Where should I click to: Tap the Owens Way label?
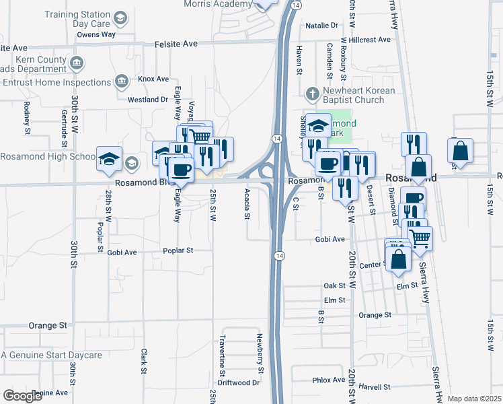pyautogui.click(x=96, y=34)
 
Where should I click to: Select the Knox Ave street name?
pyautogui.click(x=153, y=79)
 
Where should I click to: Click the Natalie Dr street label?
pyautogui.click(x=321, y=26)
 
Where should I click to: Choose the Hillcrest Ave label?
pyautogui.click(x=366, y=40)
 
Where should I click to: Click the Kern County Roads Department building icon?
pyautogui.click(x=77, y=64)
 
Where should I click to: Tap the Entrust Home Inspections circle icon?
pyautogui.click(x=122, y=82)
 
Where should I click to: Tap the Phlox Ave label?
pyautogui.click(x=329, y=380)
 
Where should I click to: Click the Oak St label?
pyautogui.click(x=334, y=286)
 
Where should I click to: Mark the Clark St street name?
pyautogui.click(x=143, y=362)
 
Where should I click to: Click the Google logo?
pyautogui.click(x=22, y=396)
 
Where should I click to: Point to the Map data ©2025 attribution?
pyautogui.click(x=474, y=399)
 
